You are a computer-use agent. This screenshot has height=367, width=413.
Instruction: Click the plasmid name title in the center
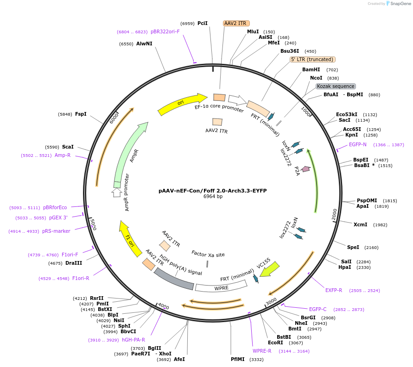pos(213,190)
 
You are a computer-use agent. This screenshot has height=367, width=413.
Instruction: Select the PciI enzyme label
pos(203,23)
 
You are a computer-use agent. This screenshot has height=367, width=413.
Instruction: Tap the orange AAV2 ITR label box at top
pos(236,23)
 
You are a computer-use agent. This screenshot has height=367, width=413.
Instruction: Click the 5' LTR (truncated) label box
pos(312,59)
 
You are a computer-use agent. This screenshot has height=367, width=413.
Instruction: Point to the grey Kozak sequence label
pos(336,86)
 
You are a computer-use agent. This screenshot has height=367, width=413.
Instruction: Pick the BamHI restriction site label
pos(311,69)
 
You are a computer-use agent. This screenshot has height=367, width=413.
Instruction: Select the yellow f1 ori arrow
pos(129,238)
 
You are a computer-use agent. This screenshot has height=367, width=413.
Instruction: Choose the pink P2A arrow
pos(305,169)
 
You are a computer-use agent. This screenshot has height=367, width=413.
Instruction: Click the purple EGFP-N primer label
pos(357,145)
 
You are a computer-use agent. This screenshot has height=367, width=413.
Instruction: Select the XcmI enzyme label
pos(360,224)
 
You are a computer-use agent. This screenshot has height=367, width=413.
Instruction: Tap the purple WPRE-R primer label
pos(262,351)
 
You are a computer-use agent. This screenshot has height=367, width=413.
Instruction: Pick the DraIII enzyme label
pos(74,263)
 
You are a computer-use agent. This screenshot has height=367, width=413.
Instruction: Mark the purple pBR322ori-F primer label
pos(165,31)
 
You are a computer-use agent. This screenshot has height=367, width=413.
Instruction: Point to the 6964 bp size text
pos(213,197)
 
